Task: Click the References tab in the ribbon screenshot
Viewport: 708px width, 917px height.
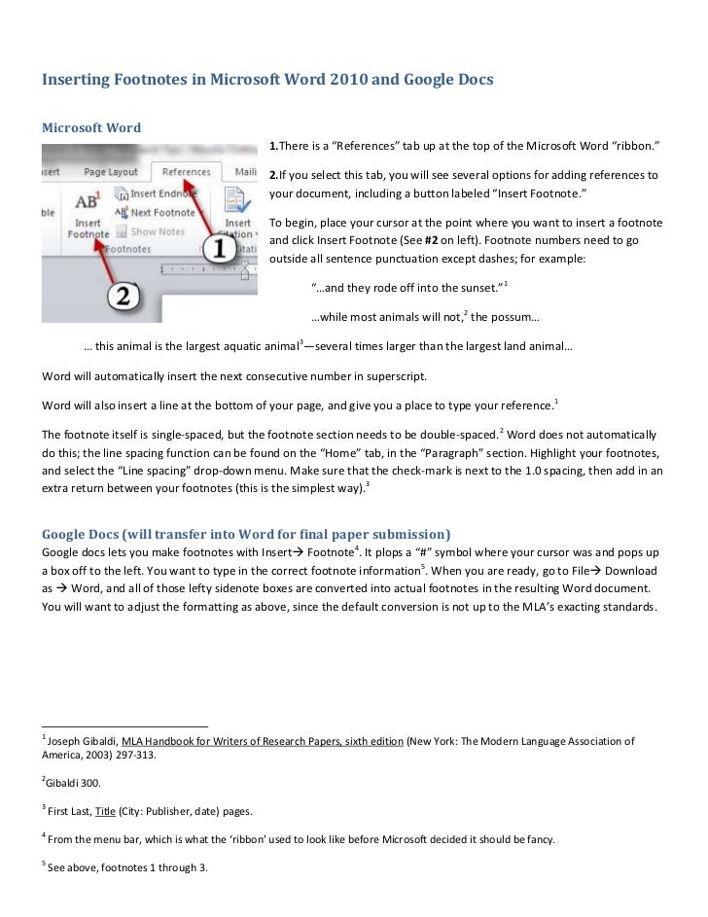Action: pos(186,172)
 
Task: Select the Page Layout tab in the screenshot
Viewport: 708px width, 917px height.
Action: pos(110,172)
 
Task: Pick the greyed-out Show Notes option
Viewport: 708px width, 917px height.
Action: pos(156,231)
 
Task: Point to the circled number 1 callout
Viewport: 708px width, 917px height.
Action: pos(219,248)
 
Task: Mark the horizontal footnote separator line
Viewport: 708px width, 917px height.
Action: pos(124,725)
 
